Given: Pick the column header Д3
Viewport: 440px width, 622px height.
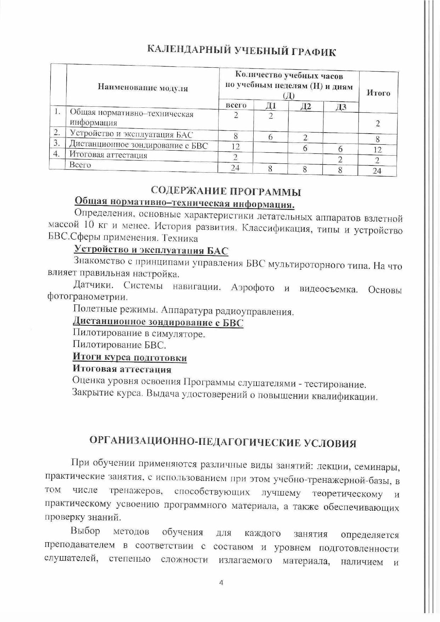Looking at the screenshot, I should click(x=340, y=107).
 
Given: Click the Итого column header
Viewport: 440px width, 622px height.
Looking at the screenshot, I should click(x=378, y=93).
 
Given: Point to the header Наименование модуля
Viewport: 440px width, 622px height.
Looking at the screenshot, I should click(x=143, y=88).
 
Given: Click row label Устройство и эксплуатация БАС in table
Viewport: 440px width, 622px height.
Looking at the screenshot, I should click(x=132, y=134).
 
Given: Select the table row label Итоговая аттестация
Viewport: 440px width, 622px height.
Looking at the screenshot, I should click(x=108, y=155).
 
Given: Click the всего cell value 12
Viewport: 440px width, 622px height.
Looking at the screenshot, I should click(x=235, y=146).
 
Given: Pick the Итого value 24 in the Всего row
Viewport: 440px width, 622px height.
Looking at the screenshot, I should click(x=377, y=171).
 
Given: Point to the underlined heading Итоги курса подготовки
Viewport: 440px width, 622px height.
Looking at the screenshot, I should click(x=130, y=357).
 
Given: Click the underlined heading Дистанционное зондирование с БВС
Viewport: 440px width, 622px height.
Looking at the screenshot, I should click(x=158, y=323).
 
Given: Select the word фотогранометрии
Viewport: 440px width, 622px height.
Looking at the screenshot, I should click(x=88, y=297).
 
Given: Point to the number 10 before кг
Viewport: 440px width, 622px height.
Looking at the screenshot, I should click(x=89, y=225).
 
